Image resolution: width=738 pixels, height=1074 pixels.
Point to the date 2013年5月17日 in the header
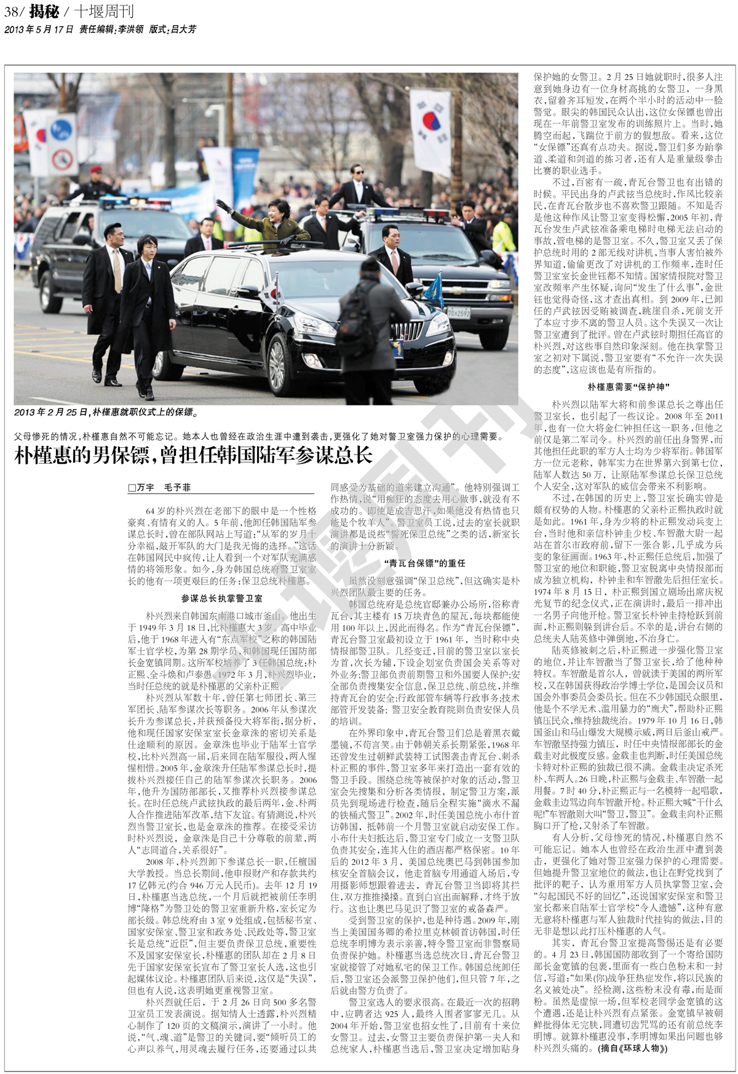pos(39,29)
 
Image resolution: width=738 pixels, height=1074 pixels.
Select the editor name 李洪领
pos(130,29)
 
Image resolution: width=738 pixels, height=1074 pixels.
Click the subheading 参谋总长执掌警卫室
pos(221,599)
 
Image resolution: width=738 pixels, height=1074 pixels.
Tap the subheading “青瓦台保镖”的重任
pos(424,563)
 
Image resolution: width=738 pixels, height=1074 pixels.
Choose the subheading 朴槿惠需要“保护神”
pos(628,387)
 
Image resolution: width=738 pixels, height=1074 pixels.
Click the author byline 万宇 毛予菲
pos(159,487)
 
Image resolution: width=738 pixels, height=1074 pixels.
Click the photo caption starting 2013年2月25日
pos(106,412)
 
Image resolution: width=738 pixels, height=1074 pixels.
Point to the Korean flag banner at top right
pos(430,129)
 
